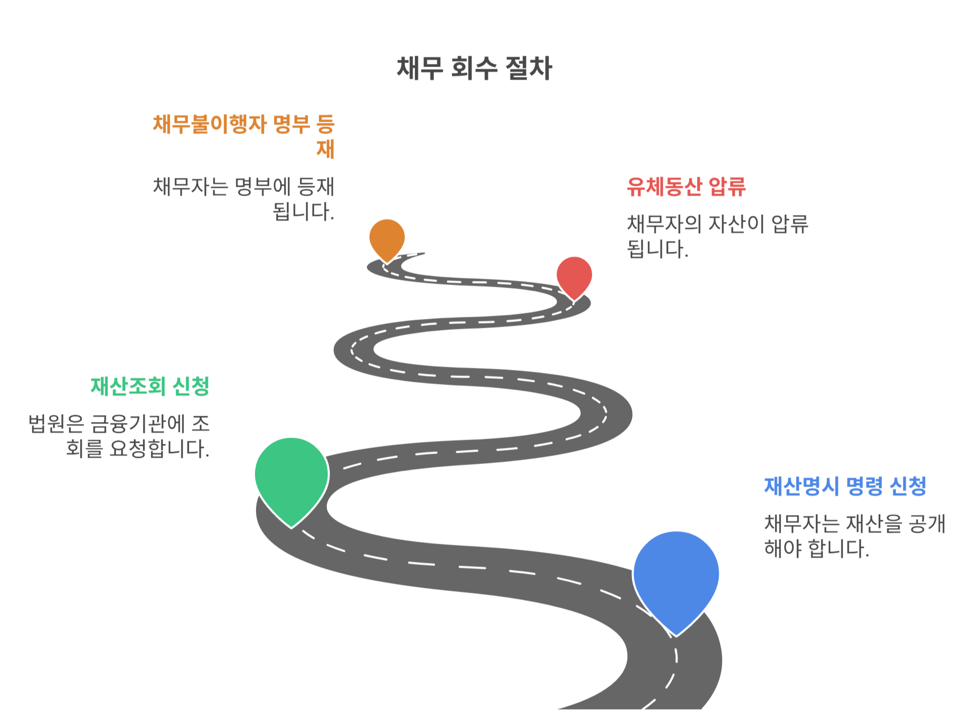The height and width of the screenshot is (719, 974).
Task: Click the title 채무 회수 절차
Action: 474,68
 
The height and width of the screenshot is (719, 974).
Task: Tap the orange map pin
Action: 387,238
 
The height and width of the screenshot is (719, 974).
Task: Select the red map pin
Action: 574,276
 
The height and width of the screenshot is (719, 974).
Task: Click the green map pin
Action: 291,476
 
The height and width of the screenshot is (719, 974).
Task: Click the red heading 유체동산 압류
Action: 686,187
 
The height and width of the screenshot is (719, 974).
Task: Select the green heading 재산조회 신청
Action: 150,387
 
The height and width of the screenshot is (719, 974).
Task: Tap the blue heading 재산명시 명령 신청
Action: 845,486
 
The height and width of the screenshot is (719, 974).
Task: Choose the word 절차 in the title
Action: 529,68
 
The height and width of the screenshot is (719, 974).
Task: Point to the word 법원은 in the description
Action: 56,424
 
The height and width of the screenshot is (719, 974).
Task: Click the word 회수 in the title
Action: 474,68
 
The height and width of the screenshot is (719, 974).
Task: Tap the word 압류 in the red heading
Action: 727,187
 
